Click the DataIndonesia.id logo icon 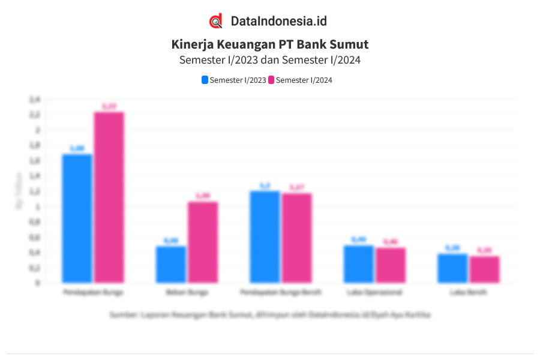(216, 21)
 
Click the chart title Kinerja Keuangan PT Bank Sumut (269, 44)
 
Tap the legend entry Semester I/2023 (234, 80)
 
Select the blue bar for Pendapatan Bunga (77, 218)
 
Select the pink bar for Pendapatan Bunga (109, 197)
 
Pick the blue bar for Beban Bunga (170, 265)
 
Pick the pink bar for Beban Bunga (203, 242)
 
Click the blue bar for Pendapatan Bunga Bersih (265, 237)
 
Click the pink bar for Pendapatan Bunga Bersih (296, 238)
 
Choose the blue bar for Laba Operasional (358, 264)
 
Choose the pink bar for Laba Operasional (390, 265)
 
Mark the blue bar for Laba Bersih (452, 268)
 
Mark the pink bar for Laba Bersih (484, 269)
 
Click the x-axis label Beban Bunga (187, 293)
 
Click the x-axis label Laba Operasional (374, 293)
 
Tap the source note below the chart (269, 314)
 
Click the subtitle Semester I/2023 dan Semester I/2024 (269, 60)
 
